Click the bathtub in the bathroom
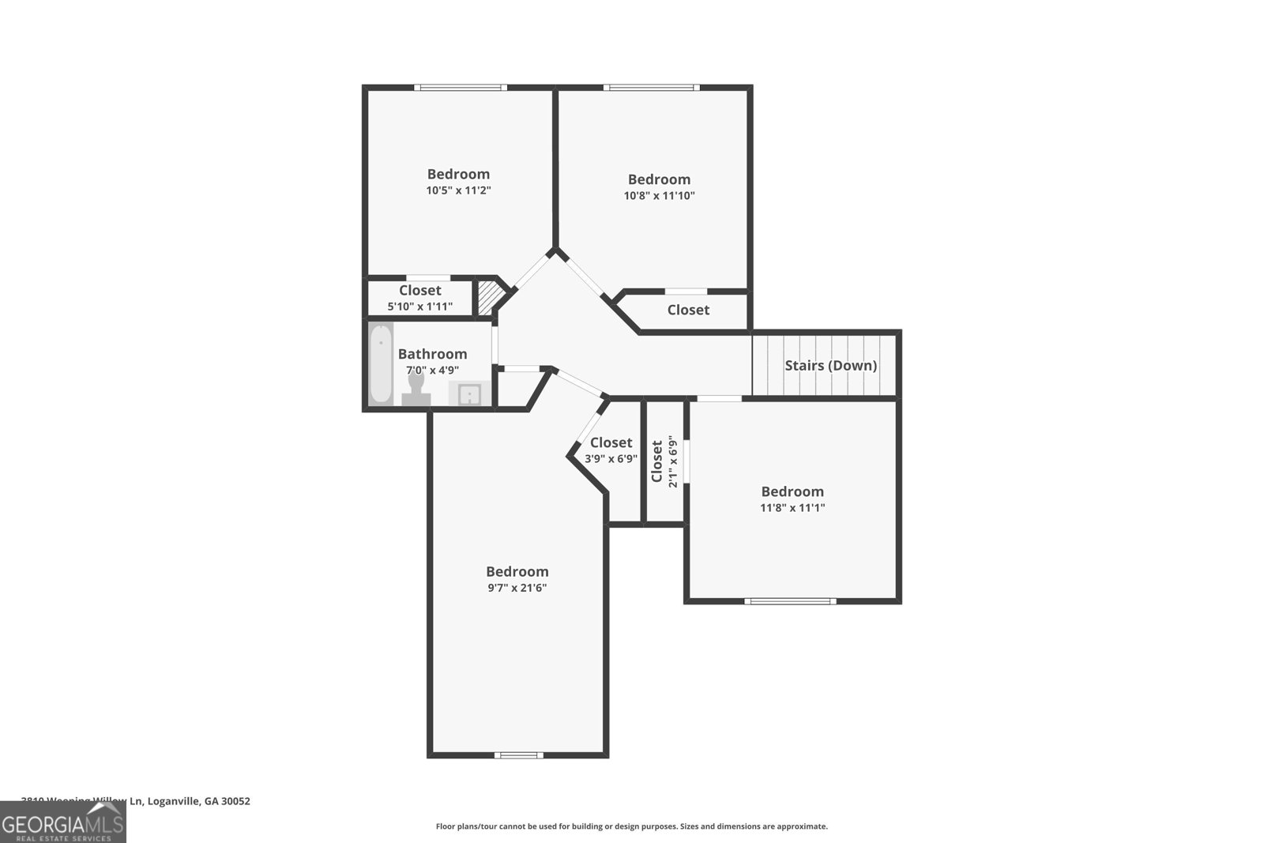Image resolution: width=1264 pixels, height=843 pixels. (x=381, y=363)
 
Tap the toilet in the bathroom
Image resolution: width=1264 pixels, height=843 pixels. (x=416, y=387)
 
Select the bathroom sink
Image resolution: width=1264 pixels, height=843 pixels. (x=469, y=393)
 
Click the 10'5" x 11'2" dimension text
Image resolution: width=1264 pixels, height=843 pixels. (x=458, y=190)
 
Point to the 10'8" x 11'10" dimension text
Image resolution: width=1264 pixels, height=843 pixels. (x=659, y=196)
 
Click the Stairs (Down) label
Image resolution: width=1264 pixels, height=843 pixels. (x=830, y=366)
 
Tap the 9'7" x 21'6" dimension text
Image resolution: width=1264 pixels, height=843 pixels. (x=517, y=588)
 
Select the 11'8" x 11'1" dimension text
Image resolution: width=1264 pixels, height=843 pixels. (x=792, y=508)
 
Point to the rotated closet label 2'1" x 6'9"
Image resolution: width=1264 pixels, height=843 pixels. (x=664, y=462)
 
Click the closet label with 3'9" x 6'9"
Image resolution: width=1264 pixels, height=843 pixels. (x=611, y=450)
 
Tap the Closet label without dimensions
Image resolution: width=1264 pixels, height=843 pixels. (x=688, y=310)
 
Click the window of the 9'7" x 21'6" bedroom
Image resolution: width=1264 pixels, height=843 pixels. (x=518, y=755)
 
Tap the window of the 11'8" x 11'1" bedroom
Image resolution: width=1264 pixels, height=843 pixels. (x=790, y=601)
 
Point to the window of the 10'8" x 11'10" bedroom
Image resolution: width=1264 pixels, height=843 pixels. (x=652, y=88)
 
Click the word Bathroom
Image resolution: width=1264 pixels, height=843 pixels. (x=432, y=354)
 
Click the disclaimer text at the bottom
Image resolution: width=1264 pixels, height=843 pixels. (x=631, y=826)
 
